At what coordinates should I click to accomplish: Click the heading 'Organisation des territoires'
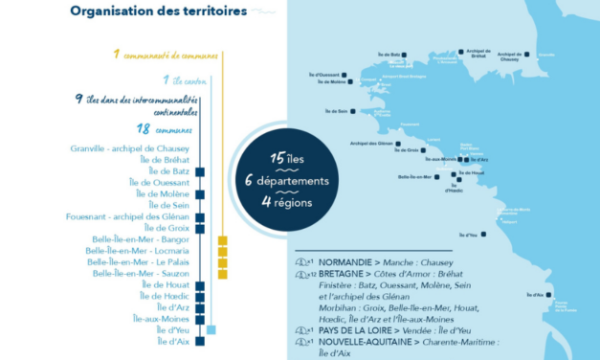pyautogui.click(x=158, y=11)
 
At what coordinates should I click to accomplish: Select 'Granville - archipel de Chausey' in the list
pyautogui.click(x=130, y=148)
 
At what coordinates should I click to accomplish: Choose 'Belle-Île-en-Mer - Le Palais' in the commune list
pyautogui.click(x=138, y=261)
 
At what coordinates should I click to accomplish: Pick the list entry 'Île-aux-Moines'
pyautogui.click(x=161, y=318)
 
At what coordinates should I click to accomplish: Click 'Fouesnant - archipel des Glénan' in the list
pyautogui.click(x=127, y=216)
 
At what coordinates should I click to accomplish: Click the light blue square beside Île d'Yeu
pyautogui.click(x=211, y=329)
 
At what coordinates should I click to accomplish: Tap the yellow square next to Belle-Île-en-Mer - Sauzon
pyautogui.click(x=223, y=274)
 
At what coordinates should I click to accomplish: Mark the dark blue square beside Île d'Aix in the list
pyautogui.click(x=200, y=341)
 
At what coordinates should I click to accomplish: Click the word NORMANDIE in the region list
pyautogui.click(x=344, y=262)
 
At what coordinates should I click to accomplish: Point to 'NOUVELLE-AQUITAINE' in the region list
pyautogui.click(x=361, y=342)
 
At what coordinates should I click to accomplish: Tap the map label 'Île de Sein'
pyautogui.click(x=337, y=111)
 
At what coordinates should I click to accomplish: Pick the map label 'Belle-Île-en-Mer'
pyautogui.click(x=417, y=177)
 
